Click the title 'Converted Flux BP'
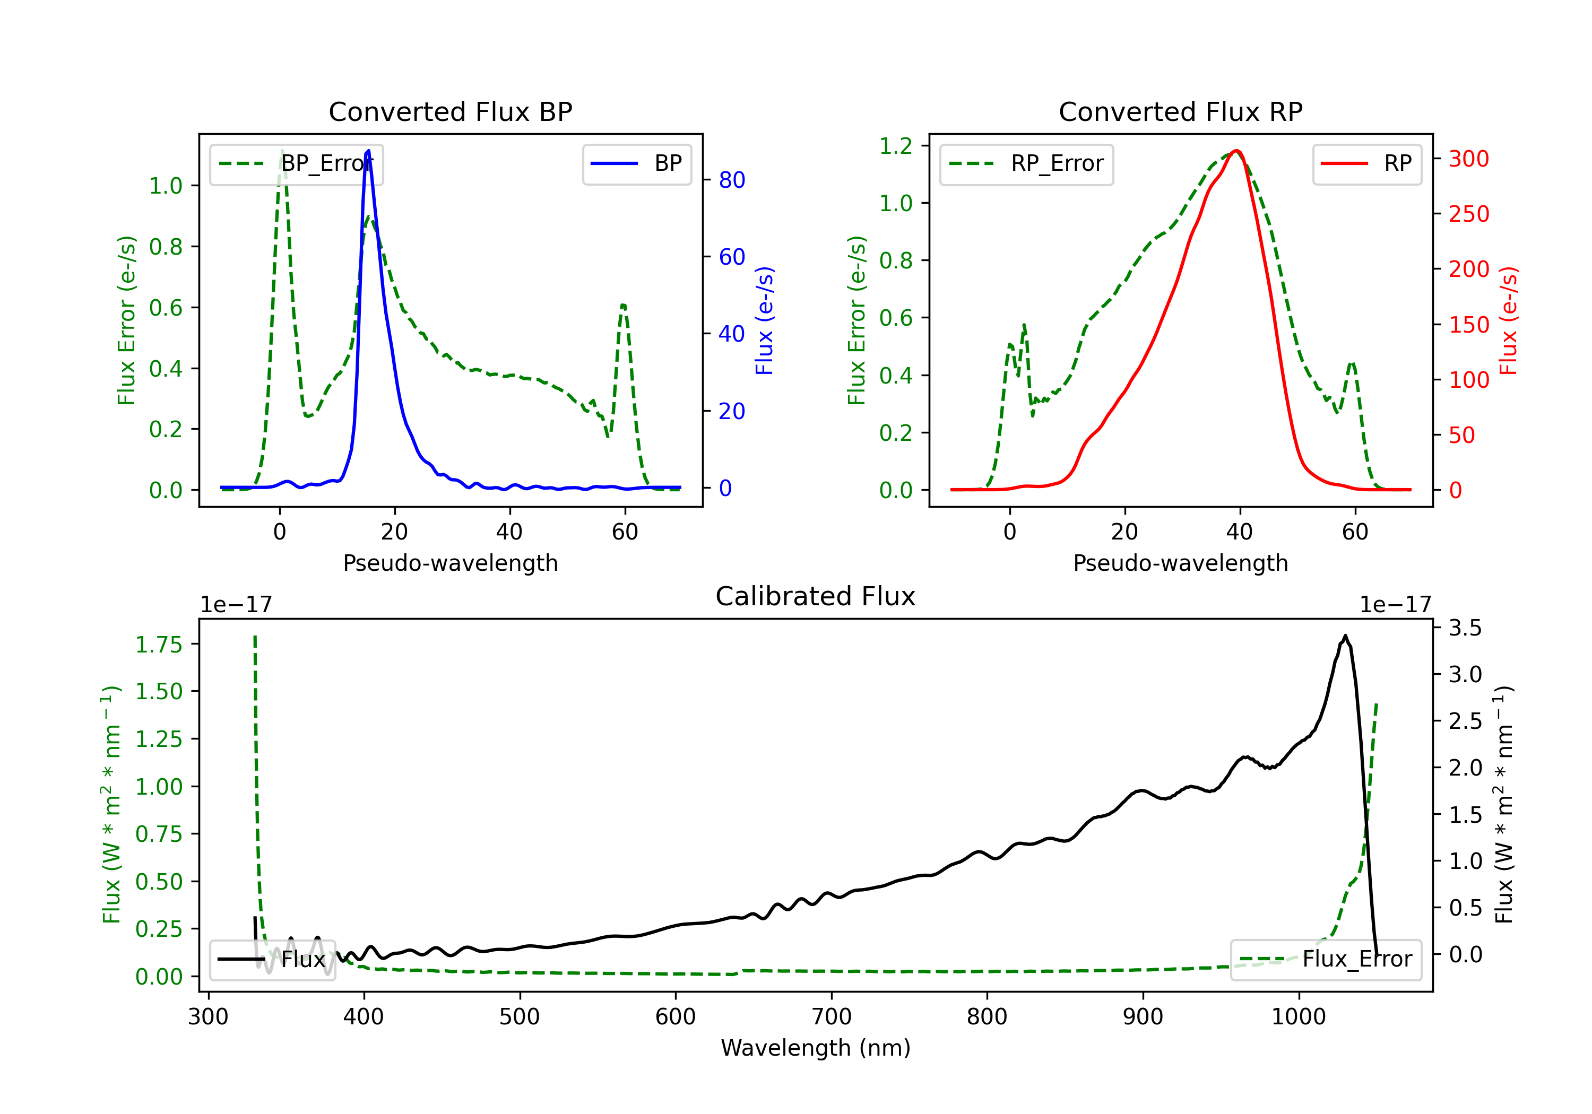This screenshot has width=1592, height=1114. (x=451, y=111)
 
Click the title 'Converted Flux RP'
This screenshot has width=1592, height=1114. (x=1181, y=111)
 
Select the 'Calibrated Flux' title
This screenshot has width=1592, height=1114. (x=816, y=596)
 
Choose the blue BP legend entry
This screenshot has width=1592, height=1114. (x=636, y=163)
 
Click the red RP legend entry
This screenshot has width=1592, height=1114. (x=1366, y=163)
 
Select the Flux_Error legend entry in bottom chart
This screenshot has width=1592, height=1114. (x=1326, y=960)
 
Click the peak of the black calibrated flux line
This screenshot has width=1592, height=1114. (x=1345, y=636)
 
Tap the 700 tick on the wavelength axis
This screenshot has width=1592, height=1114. (x=832, y=1017)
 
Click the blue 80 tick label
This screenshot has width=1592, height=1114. (x=732, y=180)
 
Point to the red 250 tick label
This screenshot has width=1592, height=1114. (x=1468, y=214)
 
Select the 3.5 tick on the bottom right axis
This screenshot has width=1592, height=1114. (x=1465, y=628)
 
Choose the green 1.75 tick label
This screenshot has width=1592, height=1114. (x=159, y=645)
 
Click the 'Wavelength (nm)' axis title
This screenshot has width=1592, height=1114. (x=816, y=1048)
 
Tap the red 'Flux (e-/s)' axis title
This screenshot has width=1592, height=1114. (x=1508, y=321)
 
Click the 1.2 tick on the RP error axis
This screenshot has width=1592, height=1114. (x=896, y=146)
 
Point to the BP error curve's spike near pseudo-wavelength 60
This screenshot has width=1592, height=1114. (x=624, y=305)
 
